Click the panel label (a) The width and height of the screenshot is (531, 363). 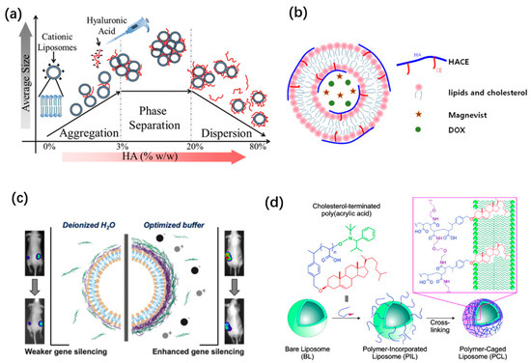(17, 13)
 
